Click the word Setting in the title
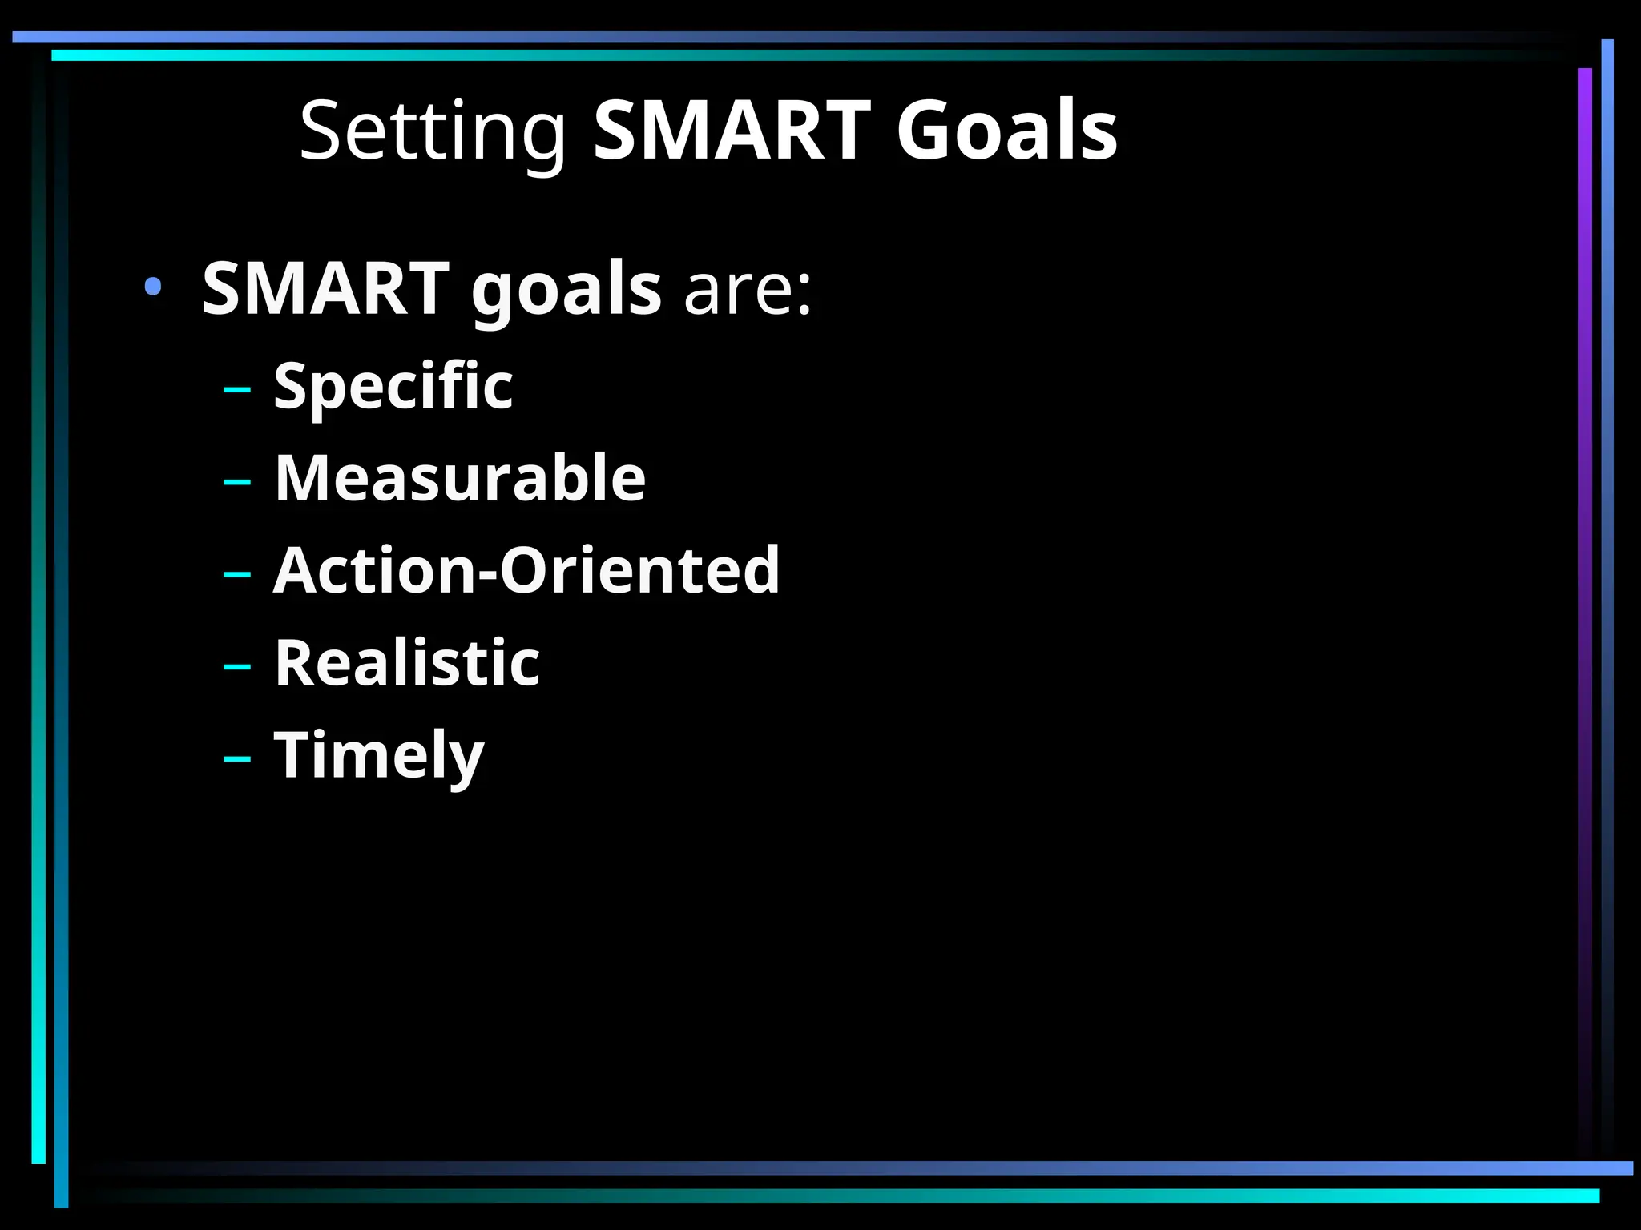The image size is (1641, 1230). (433, 131)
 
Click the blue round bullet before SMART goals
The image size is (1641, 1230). (153, 286)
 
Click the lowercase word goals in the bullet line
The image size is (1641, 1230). (566, 290)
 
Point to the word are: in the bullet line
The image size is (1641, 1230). (748, 289)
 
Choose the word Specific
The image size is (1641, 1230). (393, 387)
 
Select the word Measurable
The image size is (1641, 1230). (460, 478)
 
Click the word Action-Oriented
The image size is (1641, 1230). (526, 570)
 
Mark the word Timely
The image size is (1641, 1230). (379, 755)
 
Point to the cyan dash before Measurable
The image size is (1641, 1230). (237, 482)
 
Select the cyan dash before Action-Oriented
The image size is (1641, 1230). (237, 574)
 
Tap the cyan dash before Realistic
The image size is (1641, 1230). (237, 666)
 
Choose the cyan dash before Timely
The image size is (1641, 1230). (237, 758)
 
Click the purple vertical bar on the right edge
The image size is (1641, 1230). (1584, 561)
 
